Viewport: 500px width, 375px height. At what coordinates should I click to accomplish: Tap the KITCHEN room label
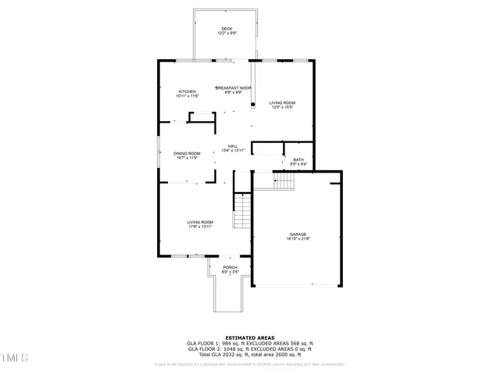point(187,91)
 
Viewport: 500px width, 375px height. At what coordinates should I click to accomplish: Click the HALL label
point(233,145)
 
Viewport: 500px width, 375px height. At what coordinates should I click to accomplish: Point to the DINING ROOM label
point(187,153)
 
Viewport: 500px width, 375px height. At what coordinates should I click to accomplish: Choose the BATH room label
point(298,159)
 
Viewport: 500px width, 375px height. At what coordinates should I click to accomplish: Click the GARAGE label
point(298,234)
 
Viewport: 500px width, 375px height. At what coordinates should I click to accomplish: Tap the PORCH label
point(230,268)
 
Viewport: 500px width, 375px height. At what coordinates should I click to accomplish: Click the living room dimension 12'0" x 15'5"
point(282,107)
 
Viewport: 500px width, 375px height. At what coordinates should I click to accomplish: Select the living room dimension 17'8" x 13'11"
point(199,227)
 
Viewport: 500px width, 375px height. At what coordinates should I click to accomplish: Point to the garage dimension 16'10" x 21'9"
point(298,238)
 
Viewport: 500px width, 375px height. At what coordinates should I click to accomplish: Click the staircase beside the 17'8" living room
point(242,212)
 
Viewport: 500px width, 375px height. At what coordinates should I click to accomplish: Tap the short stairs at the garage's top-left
point(284,181)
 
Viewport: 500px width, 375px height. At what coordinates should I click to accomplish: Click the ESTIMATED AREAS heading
point(249,337)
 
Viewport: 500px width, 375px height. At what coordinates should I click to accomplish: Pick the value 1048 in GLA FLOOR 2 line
point(229,348)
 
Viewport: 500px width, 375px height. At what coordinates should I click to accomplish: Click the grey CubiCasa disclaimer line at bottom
point(249,363)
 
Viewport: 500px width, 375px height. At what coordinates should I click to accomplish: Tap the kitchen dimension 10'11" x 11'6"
point(187,95)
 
